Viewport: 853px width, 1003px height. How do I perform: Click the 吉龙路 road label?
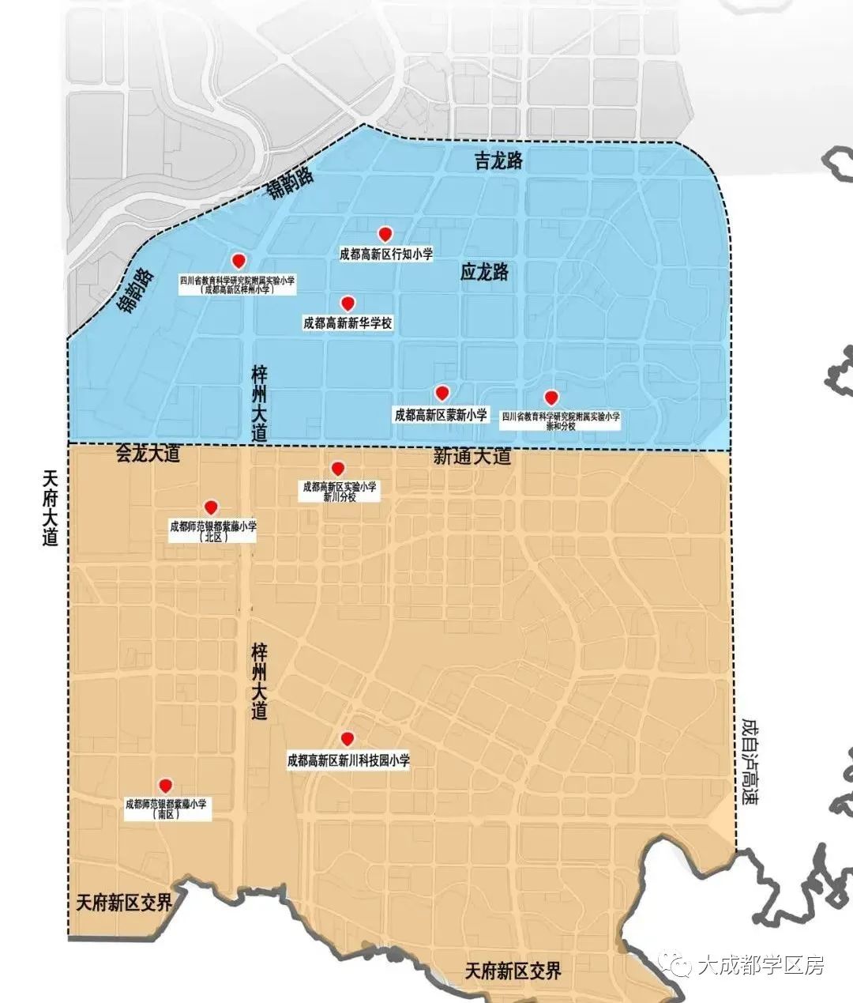(498, 161)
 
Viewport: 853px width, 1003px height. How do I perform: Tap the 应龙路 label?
(484, 273)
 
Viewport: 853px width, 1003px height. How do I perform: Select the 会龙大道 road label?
(148, 454)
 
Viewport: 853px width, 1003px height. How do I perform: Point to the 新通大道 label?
(472, 456)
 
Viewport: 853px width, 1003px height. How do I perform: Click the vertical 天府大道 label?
(51, 507)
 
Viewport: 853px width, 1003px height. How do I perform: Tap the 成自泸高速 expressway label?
(749, 761)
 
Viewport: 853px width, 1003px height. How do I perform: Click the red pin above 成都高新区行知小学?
(385, 234)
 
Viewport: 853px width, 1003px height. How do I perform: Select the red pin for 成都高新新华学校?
(347, 303)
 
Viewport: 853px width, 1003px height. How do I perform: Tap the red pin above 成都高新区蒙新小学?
(442, 393)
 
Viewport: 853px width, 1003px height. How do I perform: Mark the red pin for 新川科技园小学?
(347, 739)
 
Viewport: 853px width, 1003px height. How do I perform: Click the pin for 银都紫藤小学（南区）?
(165, 786)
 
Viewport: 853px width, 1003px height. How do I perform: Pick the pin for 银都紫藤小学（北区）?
(211, 507)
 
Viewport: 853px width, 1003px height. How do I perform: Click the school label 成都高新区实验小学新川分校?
(340, 492)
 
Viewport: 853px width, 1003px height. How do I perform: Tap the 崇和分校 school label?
(561, 420)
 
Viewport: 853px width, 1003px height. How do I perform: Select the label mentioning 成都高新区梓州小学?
(238, 285)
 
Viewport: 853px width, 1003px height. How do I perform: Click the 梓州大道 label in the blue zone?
(259, 403)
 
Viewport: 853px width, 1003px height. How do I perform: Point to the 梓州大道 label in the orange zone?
(259, 681)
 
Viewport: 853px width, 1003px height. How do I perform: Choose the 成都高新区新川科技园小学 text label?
(348, 760)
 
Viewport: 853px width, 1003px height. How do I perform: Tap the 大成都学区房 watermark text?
(761, 965)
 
